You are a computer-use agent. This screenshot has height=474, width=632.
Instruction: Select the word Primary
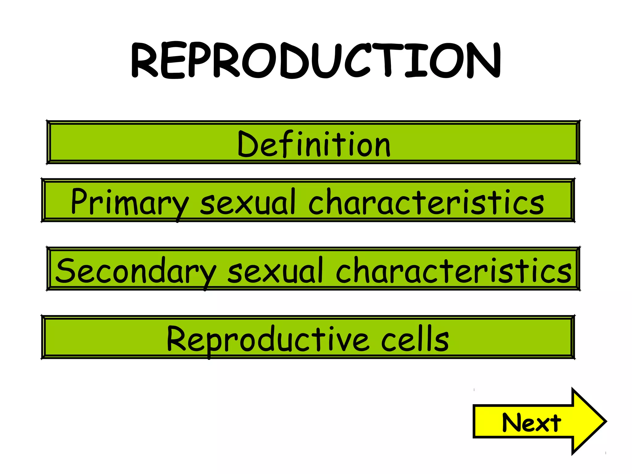click(x=129, y=202)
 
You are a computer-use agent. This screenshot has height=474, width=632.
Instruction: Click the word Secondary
click(x=136, y=271)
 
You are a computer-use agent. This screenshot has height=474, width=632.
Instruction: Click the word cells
click(x=415, y=339)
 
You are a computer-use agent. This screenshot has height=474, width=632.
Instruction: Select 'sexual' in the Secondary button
click(x=275, y=271)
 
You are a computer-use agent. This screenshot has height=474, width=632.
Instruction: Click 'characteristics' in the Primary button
click(x=426, y=202)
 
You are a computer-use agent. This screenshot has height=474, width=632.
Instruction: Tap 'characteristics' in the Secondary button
click(x=453, y=271)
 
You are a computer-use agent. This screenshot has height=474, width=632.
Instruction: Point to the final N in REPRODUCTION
click(x=484, y=60)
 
